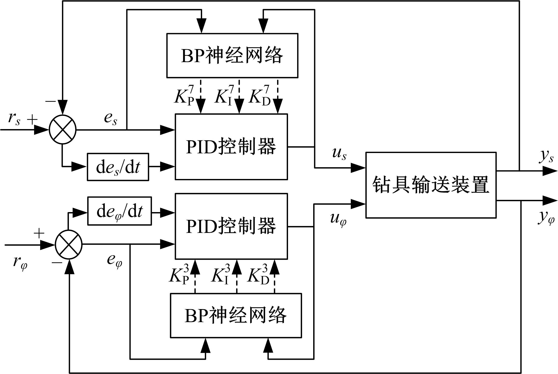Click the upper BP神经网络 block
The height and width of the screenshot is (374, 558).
point(232,56)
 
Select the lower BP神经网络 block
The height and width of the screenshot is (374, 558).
point(236,316)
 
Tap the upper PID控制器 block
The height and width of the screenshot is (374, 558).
point(231,147)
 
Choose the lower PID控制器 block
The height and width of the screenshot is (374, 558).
point(231,226)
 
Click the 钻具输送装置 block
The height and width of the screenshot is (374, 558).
point(431,185)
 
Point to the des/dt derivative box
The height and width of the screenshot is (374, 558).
point(118,167)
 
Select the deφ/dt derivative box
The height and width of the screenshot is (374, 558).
point(119,211)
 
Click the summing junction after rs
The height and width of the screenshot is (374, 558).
point(63,130)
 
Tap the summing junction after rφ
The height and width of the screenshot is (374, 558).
point(69,245)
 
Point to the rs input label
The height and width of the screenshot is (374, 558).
point(14,119)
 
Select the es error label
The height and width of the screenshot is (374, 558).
point(111,119)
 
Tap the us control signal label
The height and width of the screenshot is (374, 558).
point(339,154)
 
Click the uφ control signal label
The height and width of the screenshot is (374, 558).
point(338,219)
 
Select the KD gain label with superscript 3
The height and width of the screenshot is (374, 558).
point(258,276)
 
